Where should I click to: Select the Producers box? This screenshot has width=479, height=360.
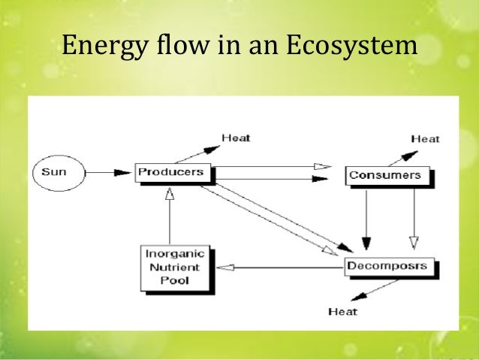(171, 172)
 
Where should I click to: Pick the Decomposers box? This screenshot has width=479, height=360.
(388, 266)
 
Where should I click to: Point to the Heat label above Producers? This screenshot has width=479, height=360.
(236, 138)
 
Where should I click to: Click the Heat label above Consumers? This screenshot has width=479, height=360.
(425, 138)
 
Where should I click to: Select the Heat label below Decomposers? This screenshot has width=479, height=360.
(343, 311)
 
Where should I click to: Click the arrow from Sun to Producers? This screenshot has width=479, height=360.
(109, 172)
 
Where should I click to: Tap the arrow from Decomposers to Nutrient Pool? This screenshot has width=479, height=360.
(278, 266)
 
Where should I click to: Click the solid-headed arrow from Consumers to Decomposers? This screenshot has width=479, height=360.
(366, 218)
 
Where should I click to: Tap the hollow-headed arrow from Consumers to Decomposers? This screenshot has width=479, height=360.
(412, 218)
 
